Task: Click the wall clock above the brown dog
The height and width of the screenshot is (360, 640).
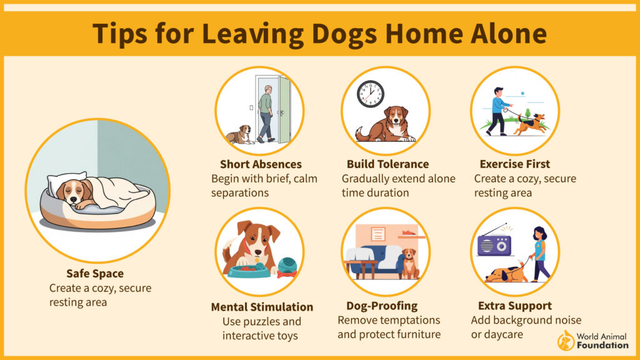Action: pos(371,94)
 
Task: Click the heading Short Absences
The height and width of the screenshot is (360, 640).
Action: pos(261,164)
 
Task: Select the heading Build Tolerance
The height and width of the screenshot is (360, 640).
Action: pos(387,164)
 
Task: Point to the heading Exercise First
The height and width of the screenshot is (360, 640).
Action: pos(515,164)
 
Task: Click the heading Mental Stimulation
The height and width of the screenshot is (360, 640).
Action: pos(262,307)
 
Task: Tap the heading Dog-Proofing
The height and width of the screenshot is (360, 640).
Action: pos(382,306)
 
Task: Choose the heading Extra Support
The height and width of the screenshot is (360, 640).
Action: pos(515,306)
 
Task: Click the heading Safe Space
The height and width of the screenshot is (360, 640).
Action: pos(95,274)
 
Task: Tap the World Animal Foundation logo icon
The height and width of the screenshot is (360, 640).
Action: pos(566,341)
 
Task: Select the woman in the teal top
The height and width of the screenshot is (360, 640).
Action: pos(541,254)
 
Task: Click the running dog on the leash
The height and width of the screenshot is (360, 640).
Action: pos(529,124)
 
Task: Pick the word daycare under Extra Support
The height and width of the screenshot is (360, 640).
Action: pos(502,335)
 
